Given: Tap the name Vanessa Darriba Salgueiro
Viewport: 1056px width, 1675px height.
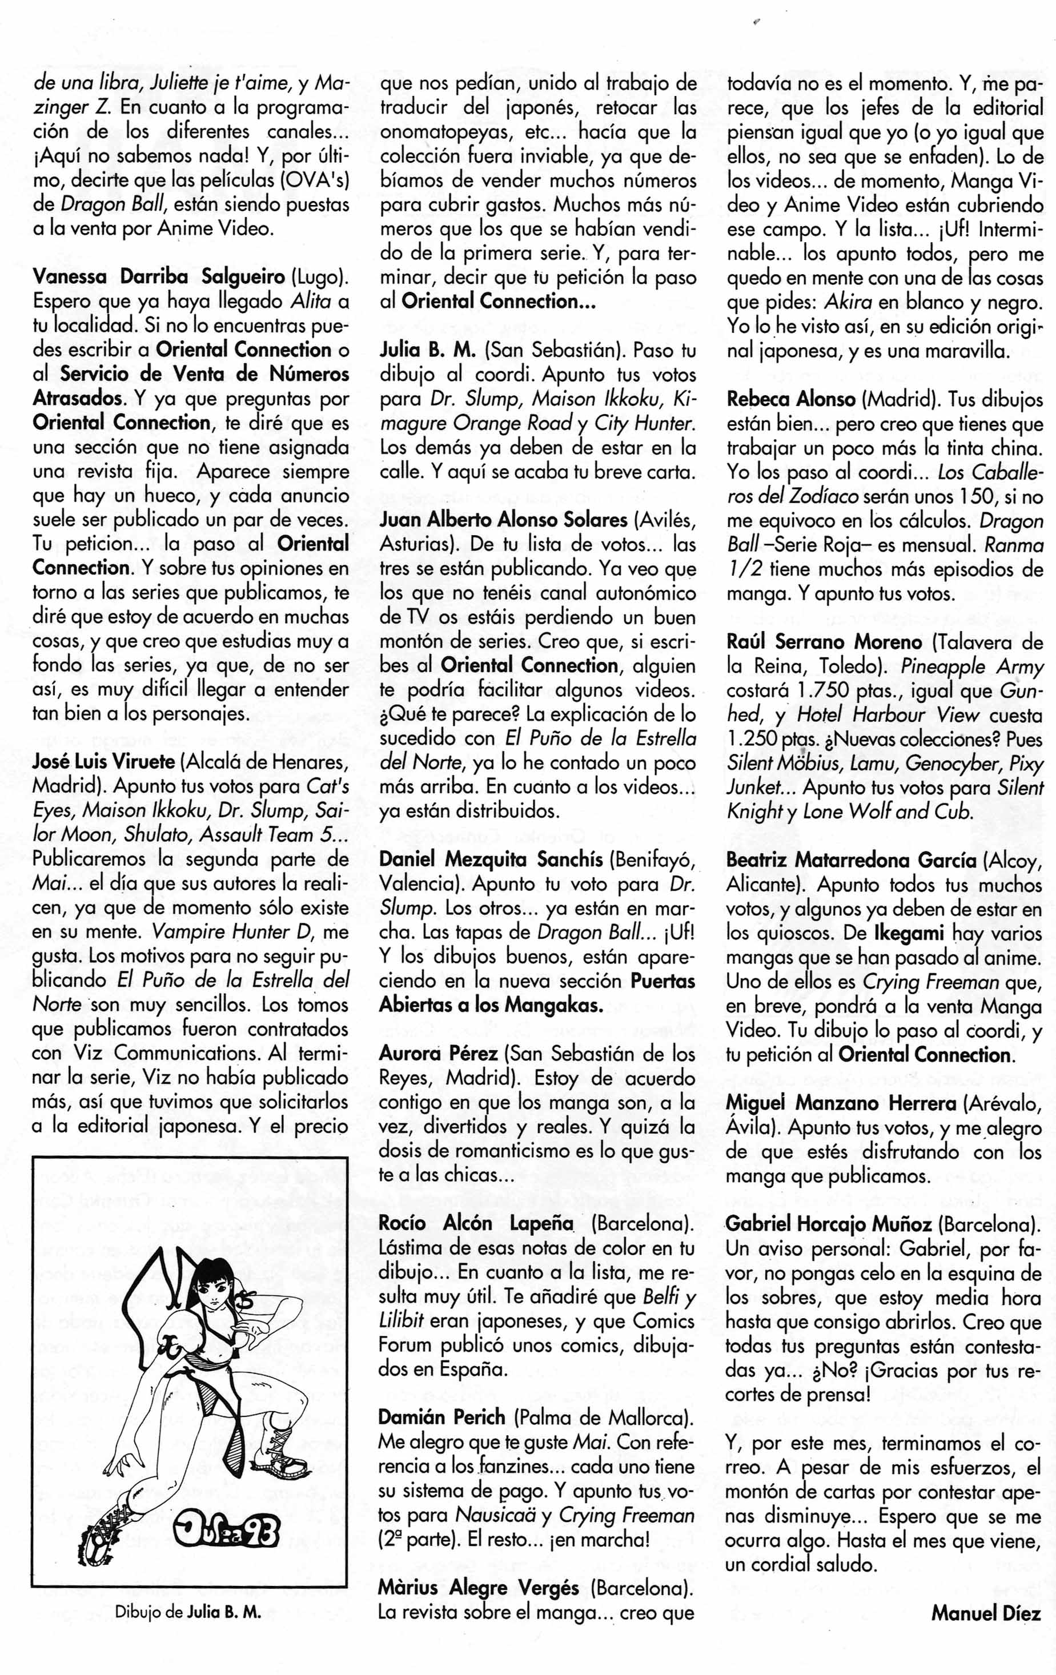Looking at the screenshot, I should point(159,277).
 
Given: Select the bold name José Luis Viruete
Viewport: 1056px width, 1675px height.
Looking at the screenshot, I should point(105,762).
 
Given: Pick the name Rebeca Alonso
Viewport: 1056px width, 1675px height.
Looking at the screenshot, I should point(791,399).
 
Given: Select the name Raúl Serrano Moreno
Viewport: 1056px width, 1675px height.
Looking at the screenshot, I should point(824,642).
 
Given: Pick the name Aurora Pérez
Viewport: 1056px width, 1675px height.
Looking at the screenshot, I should point(437,1054).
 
